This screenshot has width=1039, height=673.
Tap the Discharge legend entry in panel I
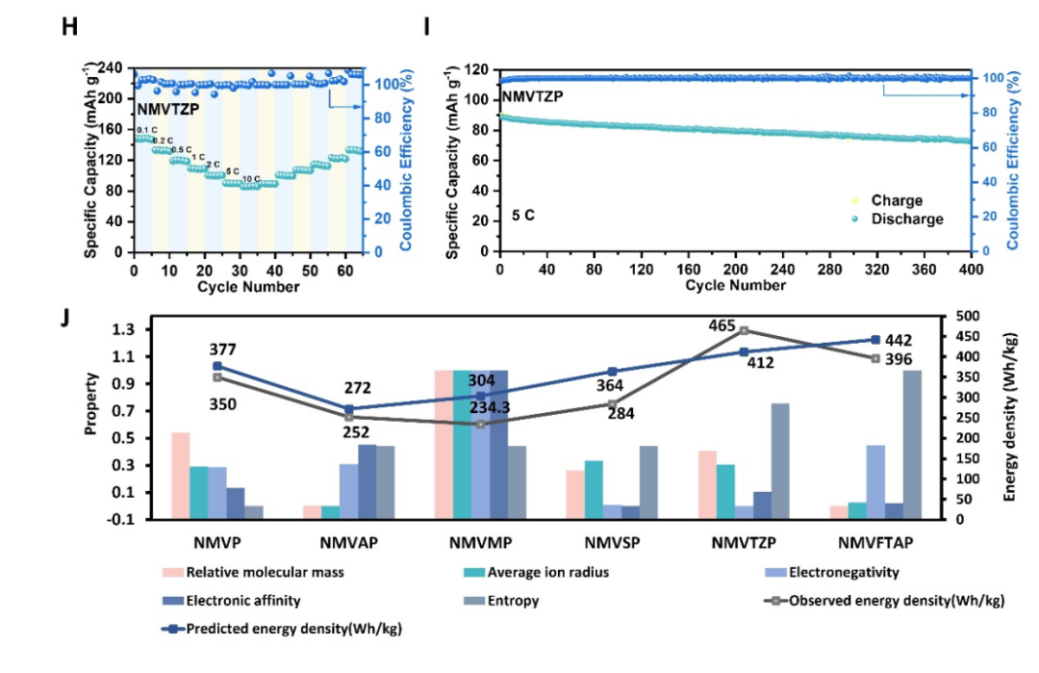click(906, 219)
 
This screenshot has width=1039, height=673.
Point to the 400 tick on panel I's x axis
click(964, 270)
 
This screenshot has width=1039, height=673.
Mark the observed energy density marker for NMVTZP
click(744, 330)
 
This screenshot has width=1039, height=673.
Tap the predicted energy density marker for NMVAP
click(348, 408)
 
